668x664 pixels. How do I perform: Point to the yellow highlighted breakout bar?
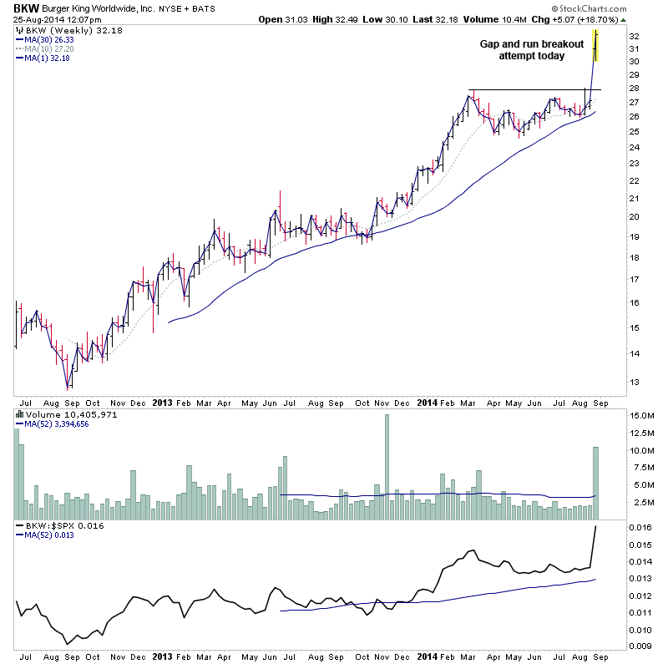[595, 45]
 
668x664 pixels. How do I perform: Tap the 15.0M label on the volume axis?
[641, 415]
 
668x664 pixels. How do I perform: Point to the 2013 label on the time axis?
[162, 402]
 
